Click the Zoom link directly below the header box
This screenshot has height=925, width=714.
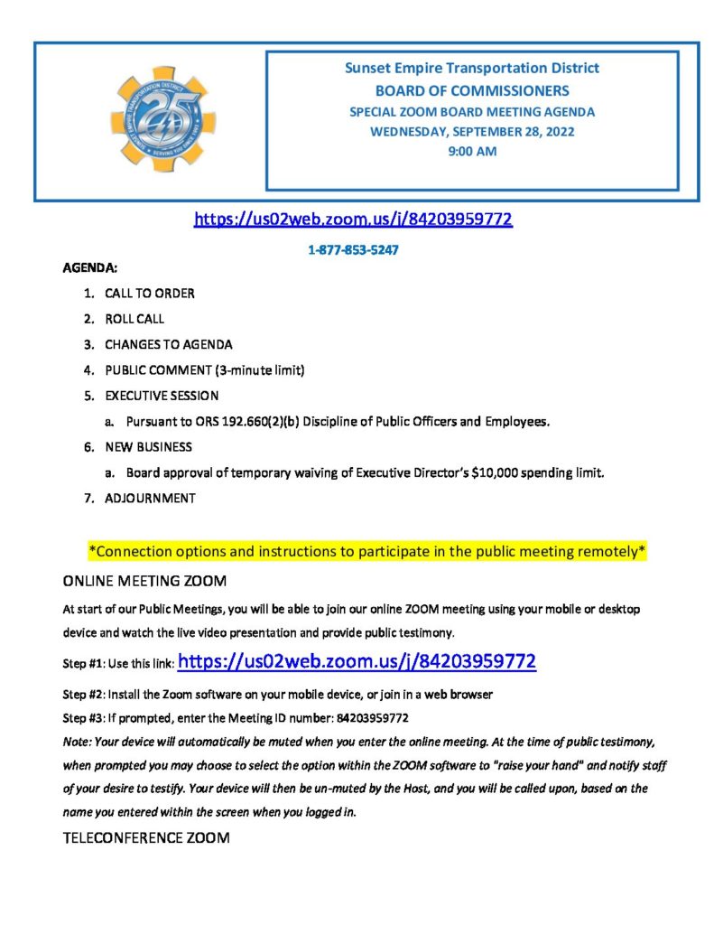tap(353, 220)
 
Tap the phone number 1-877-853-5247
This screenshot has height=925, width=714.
tap(354, 249)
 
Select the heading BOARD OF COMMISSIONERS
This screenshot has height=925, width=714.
tap(472, 90)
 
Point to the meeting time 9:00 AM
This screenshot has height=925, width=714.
tap(472, 152)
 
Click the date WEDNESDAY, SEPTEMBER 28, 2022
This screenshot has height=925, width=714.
tap(472, 132)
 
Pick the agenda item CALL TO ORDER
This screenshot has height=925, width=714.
tap(150, 294)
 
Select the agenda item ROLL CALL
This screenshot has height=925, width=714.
tap(134, 319)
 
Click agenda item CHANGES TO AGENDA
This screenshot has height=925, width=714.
tap(169, 344)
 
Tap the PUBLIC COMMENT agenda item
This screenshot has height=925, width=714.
tap(205, 369)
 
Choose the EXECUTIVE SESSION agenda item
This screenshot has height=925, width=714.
tap(162, 396)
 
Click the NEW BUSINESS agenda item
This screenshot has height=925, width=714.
tap(148, 446)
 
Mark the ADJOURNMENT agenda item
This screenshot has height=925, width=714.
tap(150, 498)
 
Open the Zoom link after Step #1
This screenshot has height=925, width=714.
tap(357, 662)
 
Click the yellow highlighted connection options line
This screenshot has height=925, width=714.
tap(366, 550)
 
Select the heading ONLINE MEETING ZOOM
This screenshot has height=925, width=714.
tap(145, 579)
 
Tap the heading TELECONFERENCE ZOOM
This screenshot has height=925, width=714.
tap(146, 837)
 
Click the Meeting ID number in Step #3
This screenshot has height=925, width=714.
tap(373, 718)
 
